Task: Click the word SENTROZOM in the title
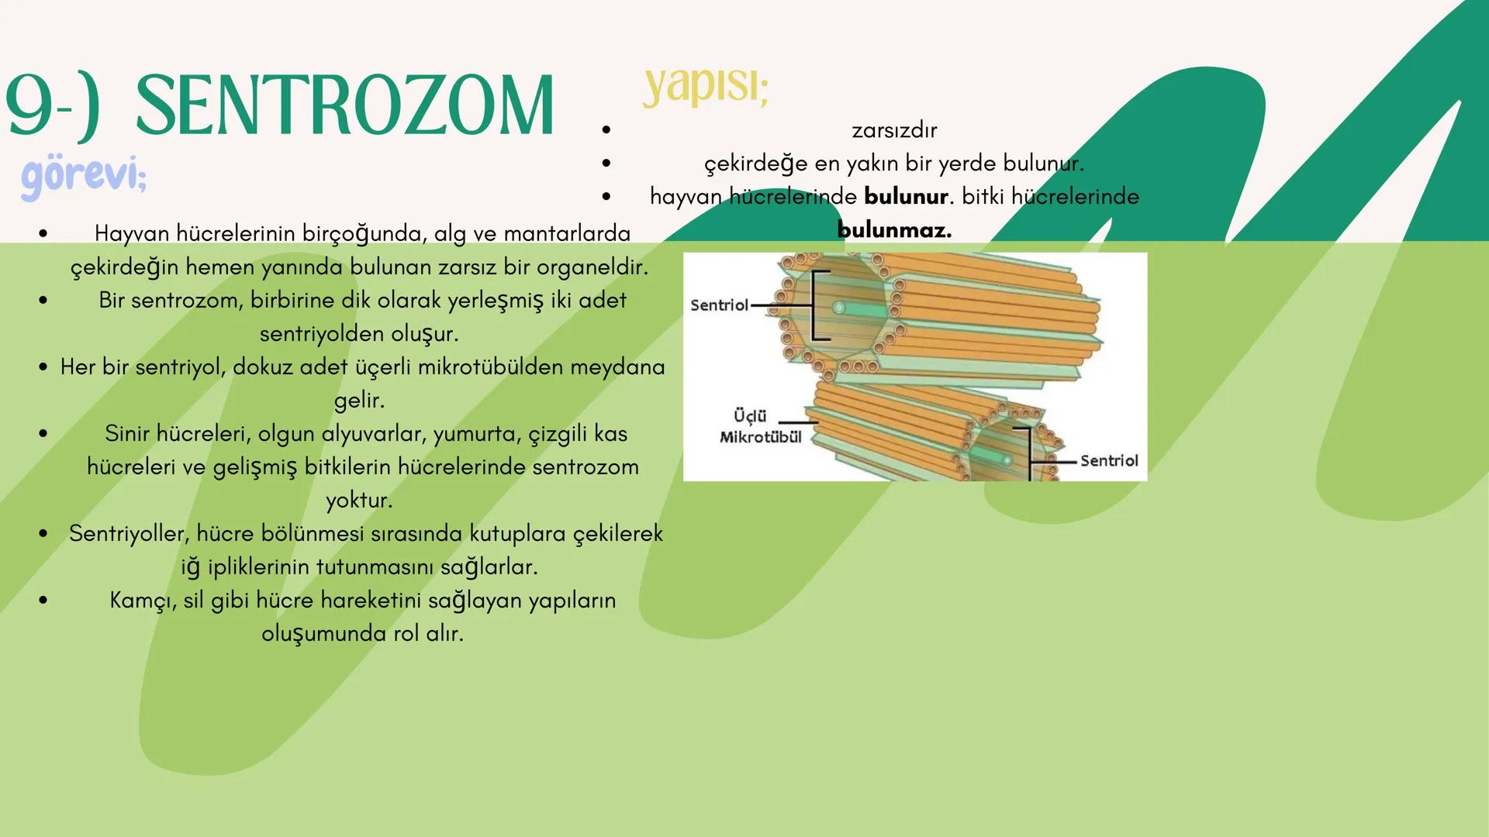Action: [345, 107]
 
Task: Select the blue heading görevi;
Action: [84, 175]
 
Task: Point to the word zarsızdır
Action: [894, 130]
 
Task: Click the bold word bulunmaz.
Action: [894, 230]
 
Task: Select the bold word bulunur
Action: [906, 197]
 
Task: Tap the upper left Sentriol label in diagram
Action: [719, 305]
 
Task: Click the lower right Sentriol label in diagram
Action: [1109, 461]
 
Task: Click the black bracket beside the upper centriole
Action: [817, 305]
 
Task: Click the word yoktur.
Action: [359, 501]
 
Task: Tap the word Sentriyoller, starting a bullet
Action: [129, 534]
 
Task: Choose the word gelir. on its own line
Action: [359, 401]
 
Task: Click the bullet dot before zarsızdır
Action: [606, 130]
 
